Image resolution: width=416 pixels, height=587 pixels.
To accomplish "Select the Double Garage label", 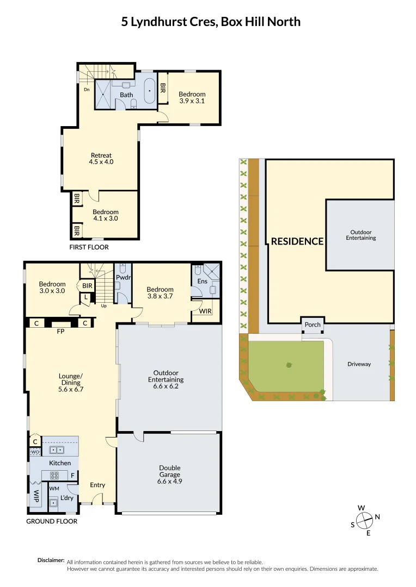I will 169,471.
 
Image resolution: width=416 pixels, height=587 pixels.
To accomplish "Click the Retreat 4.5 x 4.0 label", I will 101,158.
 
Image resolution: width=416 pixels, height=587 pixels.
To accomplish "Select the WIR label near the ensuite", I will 205,311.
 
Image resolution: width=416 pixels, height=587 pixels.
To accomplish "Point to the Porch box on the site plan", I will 313,325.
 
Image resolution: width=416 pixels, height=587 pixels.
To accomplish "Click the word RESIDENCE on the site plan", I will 297,241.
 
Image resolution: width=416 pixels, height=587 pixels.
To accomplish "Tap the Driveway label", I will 359,364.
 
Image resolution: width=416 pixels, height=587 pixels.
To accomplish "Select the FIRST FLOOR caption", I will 89,247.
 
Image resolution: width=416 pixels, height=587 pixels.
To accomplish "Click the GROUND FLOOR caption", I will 52,521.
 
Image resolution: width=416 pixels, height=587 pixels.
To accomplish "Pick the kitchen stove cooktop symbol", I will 55,475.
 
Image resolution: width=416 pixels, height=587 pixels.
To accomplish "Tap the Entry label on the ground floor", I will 97,485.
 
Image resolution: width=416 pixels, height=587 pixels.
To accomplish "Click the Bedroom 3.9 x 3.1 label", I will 192,97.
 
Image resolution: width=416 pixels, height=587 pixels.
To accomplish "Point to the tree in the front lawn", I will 288,365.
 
